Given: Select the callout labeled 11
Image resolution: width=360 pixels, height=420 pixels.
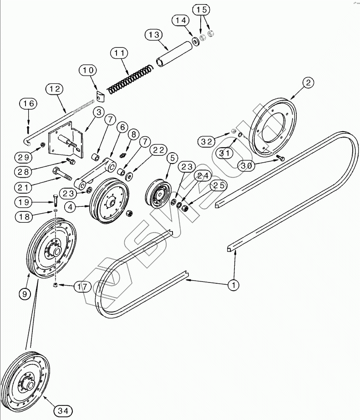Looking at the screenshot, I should pyautogui.click(x=119, y=54).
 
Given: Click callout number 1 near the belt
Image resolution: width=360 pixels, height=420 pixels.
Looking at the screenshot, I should pyautogui.click(x=233, y=285).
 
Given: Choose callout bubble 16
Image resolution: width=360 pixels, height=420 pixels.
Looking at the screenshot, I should pyautogui.click(x=29, y=104).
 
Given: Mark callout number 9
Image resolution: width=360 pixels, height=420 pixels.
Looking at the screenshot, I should pyautogui.click(x=25, y=294).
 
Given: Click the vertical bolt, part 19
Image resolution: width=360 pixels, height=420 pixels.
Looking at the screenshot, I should pyautogui.click(x=55, y=200).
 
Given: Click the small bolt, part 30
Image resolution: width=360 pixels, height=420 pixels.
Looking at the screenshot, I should pyautogui.click(x=281, y=159).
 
